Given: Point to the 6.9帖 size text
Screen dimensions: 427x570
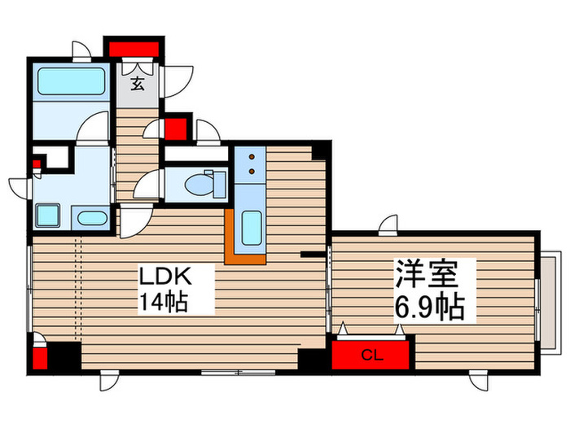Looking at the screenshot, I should (x=430, y=307).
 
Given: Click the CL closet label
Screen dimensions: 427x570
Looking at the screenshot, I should (x=370, y=355).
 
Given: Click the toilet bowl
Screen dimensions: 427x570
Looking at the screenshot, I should (x=200, y=184).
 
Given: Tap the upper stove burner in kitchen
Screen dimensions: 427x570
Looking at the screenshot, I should (x=252, y=156).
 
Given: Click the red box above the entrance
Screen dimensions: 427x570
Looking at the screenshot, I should (x=134, y=47).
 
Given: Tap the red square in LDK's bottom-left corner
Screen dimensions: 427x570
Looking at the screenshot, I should (x=40, y=357).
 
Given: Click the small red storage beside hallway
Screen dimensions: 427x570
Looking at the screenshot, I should (x=175, y=129).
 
